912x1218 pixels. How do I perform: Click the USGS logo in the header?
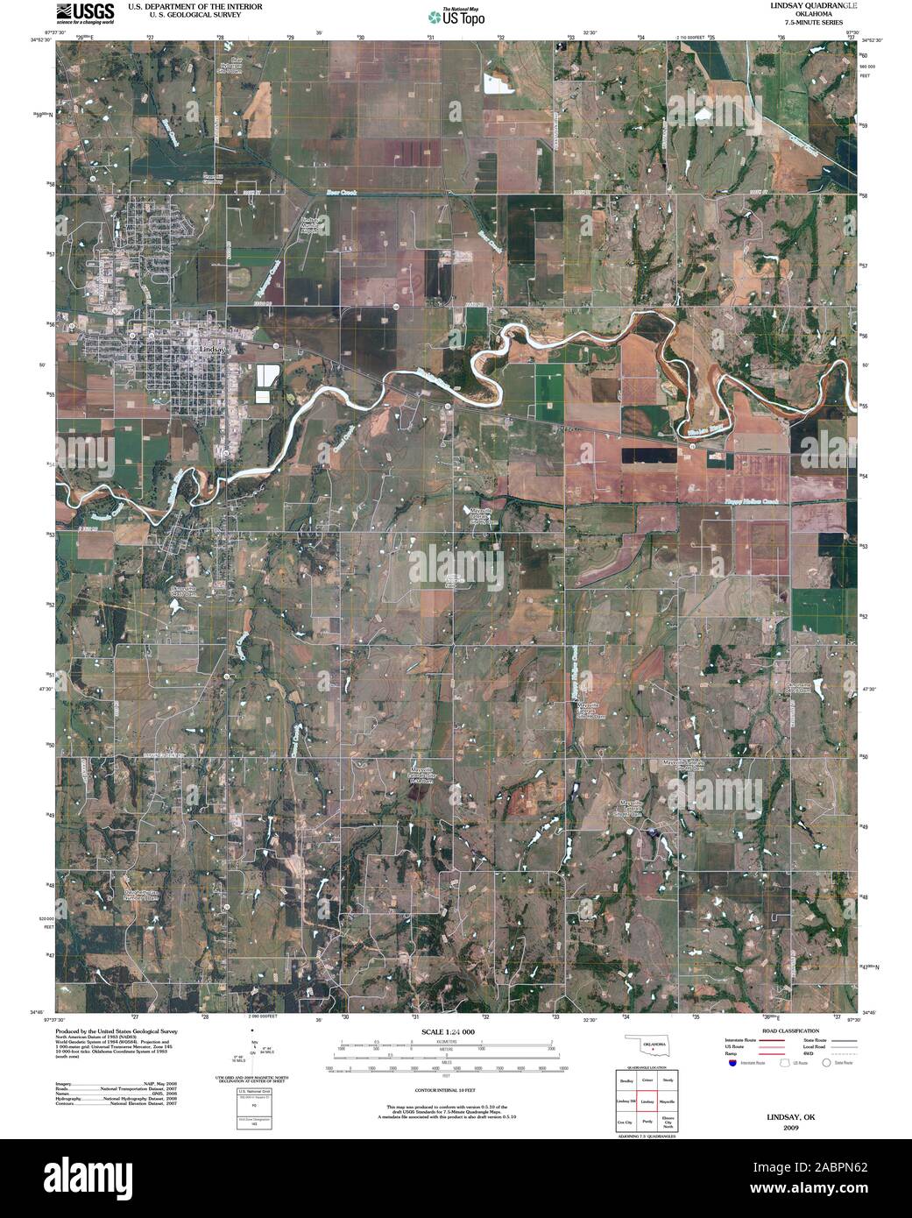click(85, 12)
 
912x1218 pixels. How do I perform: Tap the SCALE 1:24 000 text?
click(448, 1032)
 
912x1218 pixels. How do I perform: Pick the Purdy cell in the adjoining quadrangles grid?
click(648, 1121)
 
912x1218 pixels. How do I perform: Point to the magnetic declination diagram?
click(255, 1057)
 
